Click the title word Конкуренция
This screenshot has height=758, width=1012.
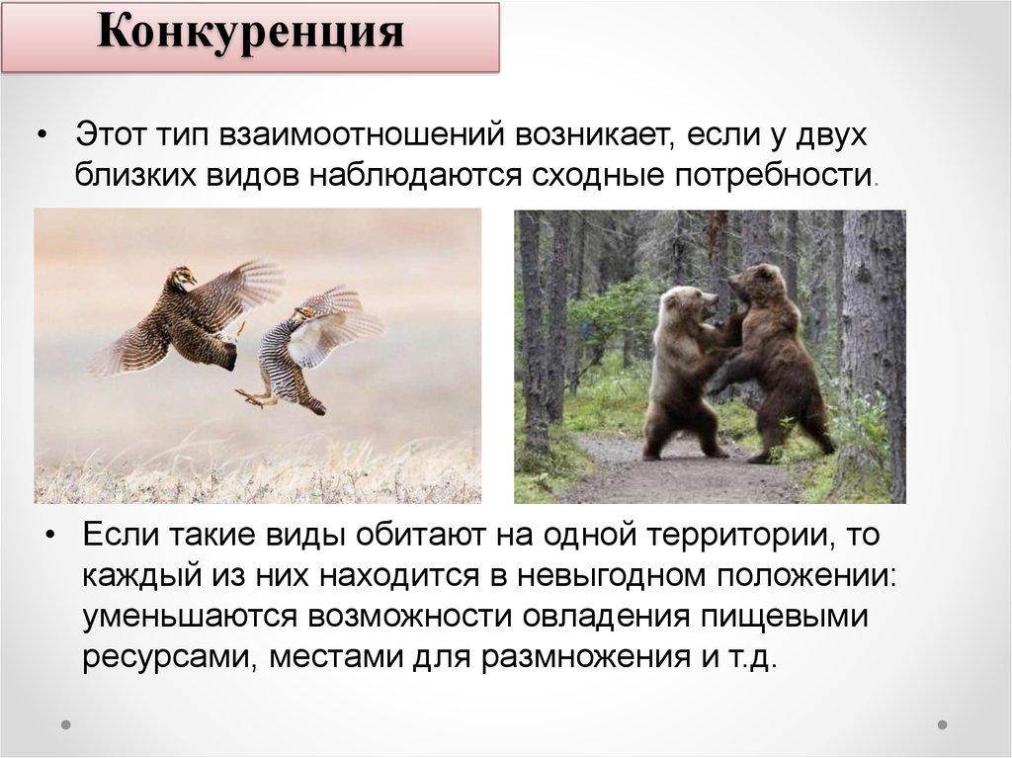coord(250,33)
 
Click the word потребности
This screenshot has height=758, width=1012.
coord(773,176)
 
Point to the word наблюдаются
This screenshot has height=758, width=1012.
coord(415,176)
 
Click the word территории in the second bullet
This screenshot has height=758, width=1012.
coord(737,536)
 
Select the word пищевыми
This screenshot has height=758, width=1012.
coord(784,617)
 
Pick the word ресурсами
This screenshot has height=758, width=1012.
coord(165,657)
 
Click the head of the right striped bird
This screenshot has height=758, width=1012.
coord(303,313)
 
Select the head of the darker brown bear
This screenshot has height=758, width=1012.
coord(754,282)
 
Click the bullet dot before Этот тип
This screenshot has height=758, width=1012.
coord(42,135)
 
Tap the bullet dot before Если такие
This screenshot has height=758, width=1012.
coord(50,536)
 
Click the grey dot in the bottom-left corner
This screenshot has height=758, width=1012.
coord(66,724)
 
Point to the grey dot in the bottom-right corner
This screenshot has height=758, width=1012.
coord(942,724)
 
